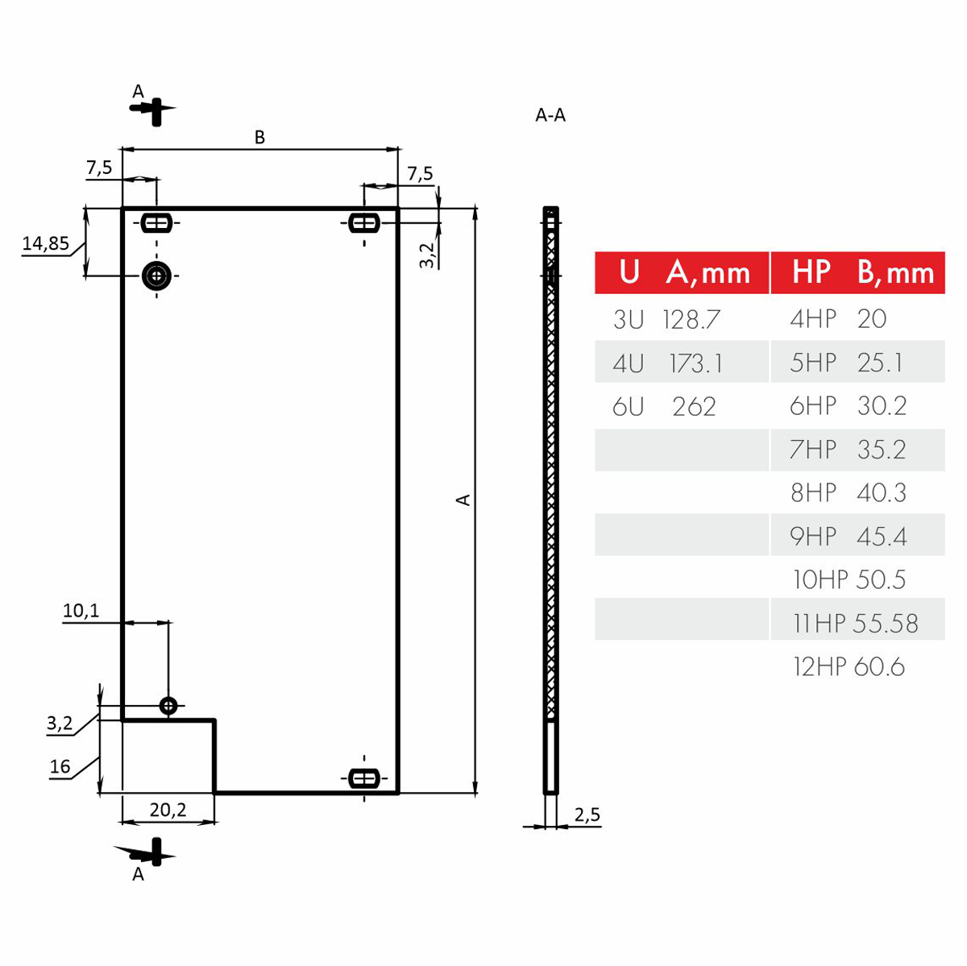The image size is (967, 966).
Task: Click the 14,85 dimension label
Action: (45, 243)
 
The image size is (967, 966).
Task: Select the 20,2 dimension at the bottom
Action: (168, 810)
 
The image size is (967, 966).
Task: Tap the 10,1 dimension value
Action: (81, 611)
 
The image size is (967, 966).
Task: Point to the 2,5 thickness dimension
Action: (587, 815)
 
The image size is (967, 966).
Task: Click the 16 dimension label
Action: (60, 766)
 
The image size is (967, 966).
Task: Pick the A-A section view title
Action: (550, 115)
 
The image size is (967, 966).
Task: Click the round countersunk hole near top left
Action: (157, 276)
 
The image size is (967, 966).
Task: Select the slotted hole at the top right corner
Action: (364, 222)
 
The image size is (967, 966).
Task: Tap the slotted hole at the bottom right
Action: (364, 778)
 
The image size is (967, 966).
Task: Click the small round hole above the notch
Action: (168, 706)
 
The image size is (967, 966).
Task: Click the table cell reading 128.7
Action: (691, 320)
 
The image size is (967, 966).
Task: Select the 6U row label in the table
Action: (628, 407)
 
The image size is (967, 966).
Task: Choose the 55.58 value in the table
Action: (886, 623)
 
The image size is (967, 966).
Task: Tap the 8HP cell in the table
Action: (813, 492)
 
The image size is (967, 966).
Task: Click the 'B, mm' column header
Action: (895, 273)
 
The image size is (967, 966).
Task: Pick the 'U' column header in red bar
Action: (629, 273)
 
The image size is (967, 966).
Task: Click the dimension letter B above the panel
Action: (259, 138)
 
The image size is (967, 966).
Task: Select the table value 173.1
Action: (696, 363)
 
